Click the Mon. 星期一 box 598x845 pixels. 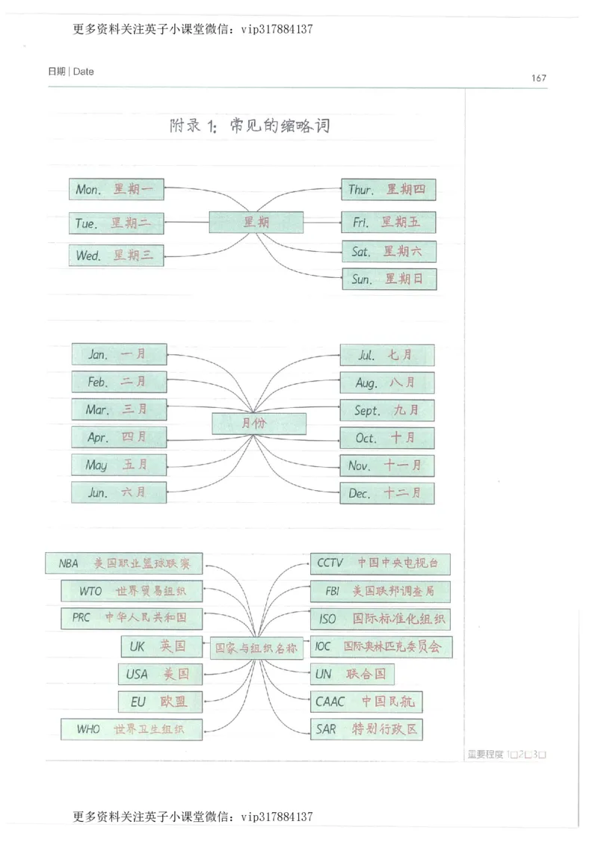pos(116,190)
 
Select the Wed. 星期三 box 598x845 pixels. pos(116,256)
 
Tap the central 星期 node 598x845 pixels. pos(256,223)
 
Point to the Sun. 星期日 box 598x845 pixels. pos(388,279)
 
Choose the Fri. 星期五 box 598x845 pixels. pos(388,223)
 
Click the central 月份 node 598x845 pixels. pos(259,424)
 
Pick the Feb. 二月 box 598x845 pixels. pos(119,382)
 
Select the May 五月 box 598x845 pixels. pos(119,465)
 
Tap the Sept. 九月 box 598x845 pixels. pos(386,410)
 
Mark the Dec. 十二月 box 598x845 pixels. pos(386,493)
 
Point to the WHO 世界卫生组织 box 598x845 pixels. pos(132,728)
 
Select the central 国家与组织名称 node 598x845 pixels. pos(256,648)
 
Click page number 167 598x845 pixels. pos(538,78)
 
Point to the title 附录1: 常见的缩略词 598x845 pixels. pos(250,126)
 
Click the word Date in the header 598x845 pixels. pos(84,72)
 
